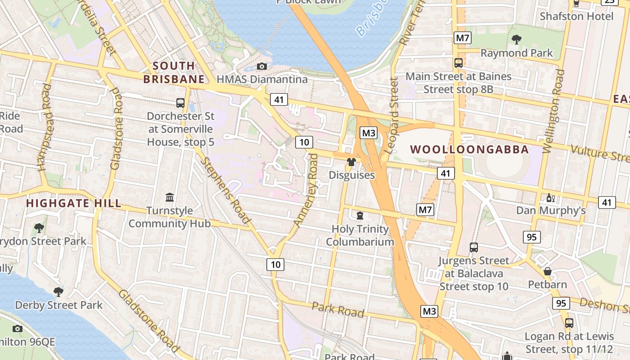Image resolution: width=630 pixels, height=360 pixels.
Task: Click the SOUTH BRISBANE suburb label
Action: pos(174,72)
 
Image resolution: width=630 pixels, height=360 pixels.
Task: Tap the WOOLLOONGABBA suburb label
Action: pos(469,149)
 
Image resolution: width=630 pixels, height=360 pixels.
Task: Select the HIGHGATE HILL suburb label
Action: pos(73,203)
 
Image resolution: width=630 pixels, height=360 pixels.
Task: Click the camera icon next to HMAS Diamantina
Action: pos(261,67)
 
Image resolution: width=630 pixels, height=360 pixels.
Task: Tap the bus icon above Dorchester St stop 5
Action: pos(180,103)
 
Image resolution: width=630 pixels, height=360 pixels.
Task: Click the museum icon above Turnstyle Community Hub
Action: pos(170,197)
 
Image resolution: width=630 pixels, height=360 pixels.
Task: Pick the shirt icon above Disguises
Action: pos(351,162)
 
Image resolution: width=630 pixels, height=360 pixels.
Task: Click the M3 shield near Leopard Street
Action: pos(369,133)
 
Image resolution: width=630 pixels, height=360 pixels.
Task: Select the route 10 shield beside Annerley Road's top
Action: pos(304,142)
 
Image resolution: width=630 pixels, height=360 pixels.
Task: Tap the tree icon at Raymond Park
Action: pos(517,40)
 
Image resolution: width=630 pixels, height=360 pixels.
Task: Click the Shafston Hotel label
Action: pos(576,16)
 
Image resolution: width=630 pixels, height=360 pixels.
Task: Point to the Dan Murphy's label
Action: pos(551,210)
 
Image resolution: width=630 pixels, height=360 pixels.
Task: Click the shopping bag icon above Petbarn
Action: pos(548,271)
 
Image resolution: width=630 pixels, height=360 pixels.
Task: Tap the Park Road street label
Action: pos(338,310)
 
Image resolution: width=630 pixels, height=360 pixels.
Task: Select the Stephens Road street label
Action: pos(225,190)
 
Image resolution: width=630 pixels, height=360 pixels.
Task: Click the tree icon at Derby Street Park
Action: pos(58,292)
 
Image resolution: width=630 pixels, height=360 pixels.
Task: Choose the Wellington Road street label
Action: pos(554,111)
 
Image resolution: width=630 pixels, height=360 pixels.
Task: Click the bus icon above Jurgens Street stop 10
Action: pos(474,247)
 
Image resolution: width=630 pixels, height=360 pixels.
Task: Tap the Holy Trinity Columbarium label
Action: pos(360,235)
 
